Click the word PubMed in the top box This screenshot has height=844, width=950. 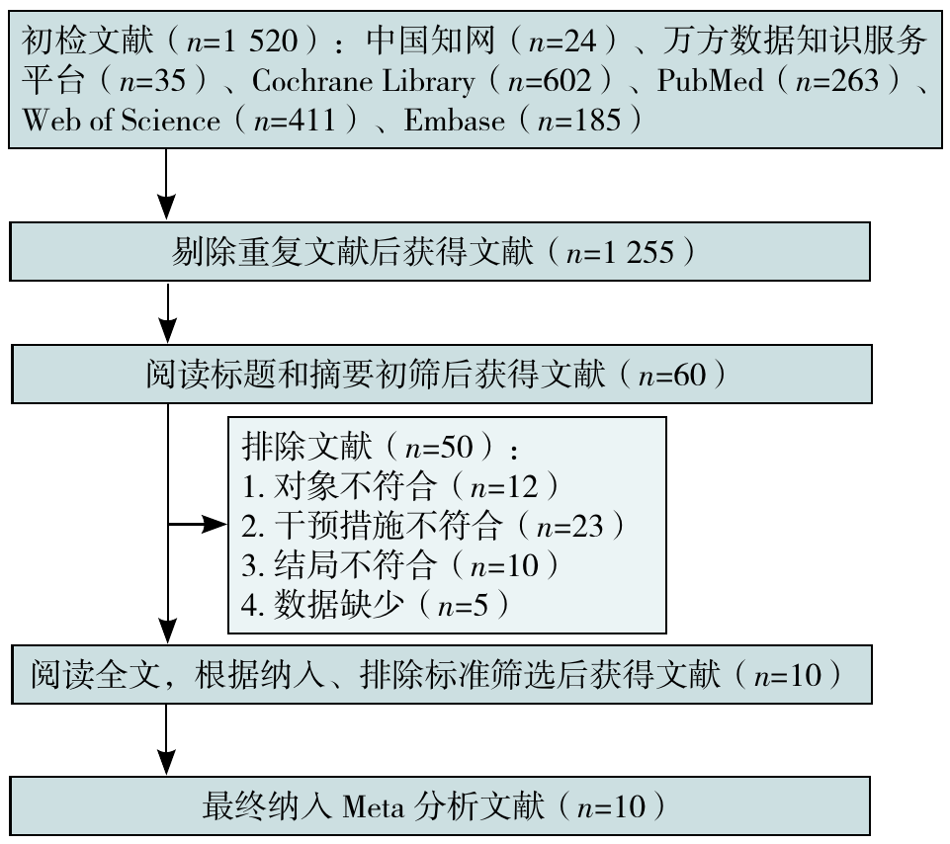point(710,81)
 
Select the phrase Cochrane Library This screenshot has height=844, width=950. point(363,82)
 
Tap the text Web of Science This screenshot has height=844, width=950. point(122,120)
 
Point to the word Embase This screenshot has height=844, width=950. point(454,120)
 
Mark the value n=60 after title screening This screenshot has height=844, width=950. point(672,375)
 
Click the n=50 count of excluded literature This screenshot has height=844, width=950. point(439,447)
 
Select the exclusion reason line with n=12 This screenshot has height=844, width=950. point(400,486)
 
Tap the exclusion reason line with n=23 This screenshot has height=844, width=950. point(433,526)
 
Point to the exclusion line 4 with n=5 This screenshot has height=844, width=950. point(375,604)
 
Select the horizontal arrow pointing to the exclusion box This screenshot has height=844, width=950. point(197,524)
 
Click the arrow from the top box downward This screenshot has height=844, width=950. point(166,184)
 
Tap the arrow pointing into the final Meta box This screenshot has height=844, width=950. point(166,739)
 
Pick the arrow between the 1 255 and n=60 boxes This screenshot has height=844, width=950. point(168,312)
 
